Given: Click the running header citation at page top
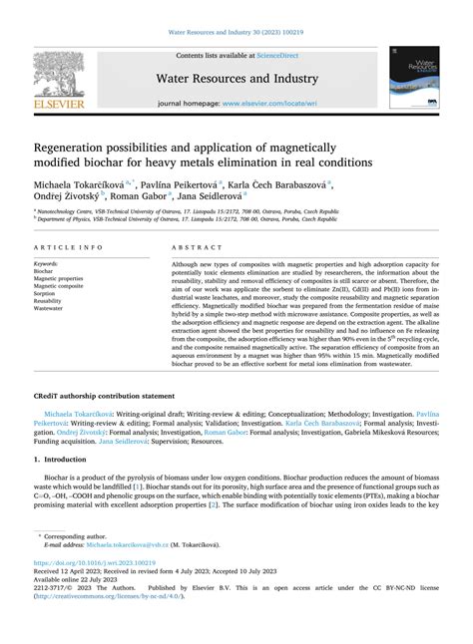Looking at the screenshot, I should [x=236, y=10].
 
